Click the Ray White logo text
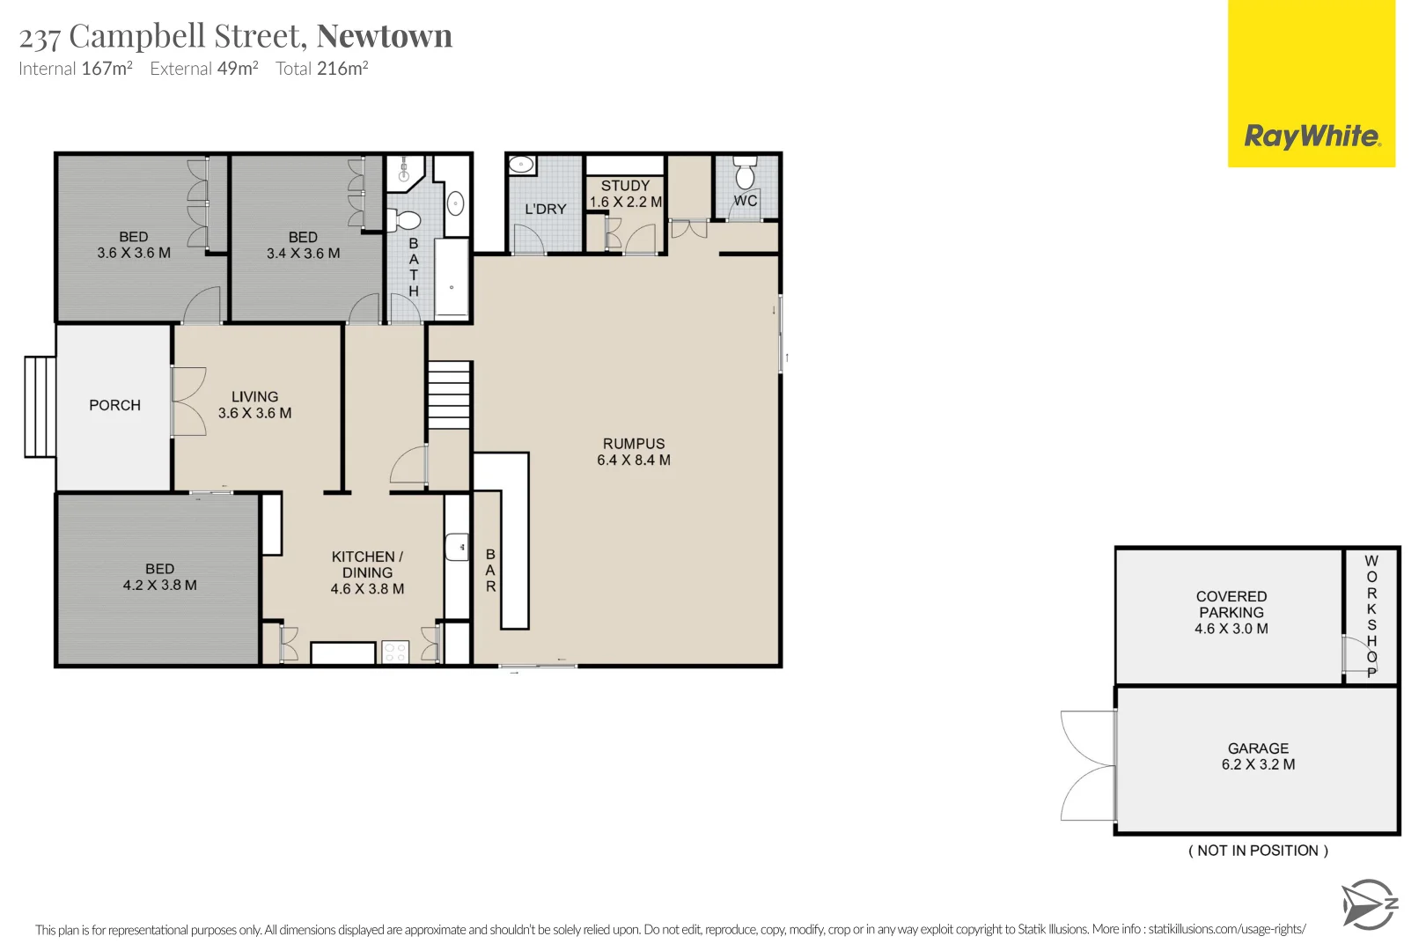[x=1311, y=136]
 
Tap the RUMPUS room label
[x=634, y=444]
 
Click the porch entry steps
[x=40, y=406]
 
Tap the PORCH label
[x=114, y=405]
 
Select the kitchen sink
[x=457, y=547]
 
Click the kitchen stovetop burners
[x=395, y=652]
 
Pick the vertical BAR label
[x=490, y=571]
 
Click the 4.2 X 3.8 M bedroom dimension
[x=160, y=585]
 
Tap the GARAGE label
[x=1258, y=748]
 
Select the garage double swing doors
[x=1089, y=765]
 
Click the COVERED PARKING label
[x=1231, y=604]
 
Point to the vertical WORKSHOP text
[x=1371, y=616]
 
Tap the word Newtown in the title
[x=384, y=36]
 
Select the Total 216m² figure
[x=321, y=69]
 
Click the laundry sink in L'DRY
[x=521, y=164]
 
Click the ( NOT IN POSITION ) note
[x=1258, y=851]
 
